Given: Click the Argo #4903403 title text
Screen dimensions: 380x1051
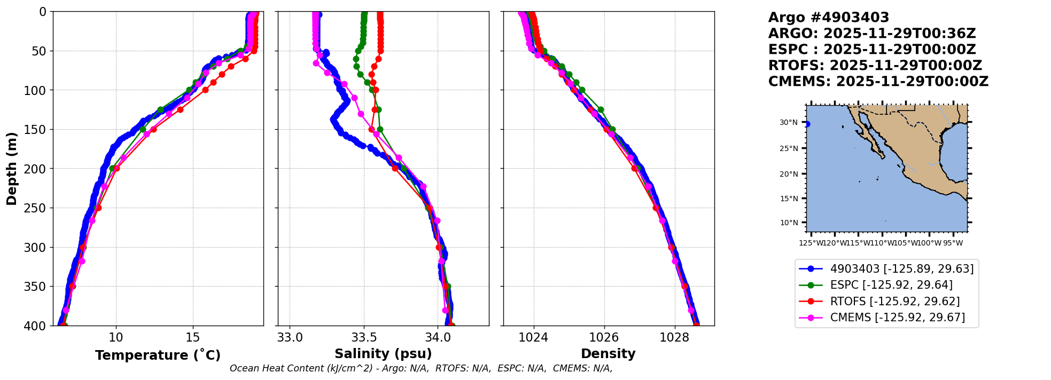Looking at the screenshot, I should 828,18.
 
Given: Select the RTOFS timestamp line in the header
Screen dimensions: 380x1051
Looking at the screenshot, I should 875,66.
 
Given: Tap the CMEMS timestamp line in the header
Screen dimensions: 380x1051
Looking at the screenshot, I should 878,82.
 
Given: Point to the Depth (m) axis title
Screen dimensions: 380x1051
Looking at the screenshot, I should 12,169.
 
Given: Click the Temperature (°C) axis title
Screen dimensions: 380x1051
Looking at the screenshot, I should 158,355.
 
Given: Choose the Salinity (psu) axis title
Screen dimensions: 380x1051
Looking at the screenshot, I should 383,354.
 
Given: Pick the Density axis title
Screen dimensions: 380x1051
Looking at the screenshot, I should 608,354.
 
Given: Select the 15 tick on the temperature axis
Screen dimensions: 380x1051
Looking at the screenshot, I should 193,338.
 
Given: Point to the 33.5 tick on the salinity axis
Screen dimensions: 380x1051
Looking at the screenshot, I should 364,338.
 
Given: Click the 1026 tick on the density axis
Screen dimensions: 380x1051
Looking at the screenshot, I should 604,338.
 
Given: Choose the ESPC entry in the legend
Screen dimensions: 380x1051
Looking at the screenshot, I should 891,285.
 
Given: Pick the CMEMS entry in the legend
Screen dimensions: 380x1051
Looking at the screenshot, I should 897,318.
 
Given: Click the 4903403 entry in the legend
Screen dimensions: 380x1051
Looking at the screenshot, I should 901,269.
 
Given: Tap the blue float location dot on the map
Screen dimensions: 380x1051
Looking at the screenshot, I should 807,124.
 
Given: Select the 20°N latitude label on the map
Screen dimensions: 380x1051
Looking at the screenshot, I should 789,174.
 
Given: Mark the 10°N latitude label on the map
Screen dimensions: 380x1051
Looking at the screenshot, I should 789,223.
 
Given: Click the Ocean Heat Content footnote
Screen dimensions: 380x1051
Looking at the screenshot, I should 421,368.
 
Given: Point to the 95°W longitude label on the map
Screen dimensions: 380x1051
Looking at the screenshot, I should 953,243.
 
